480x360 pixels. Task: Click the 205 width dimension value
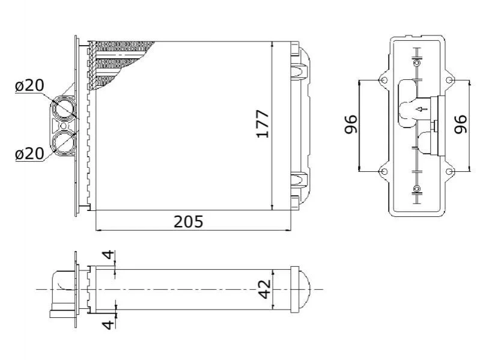tap(188, 221)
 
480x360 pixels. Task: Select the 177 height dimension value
tap(263, 124)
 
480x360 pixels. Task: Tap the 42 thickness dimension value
tap(265, 288)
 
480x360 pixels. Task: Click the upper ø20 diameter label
tap(29, 85)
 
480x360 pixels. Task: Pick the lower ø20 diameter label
tap(29, 154)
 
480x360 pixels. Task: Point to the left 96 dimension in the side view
tap(351, 124)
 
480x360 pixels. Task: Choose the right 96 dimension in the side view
tap(461, 124)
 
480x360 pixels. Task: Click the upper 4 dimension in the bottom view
tap(108, 255)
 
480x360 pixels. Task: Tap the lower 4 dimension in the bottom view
tap(108, 323)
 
